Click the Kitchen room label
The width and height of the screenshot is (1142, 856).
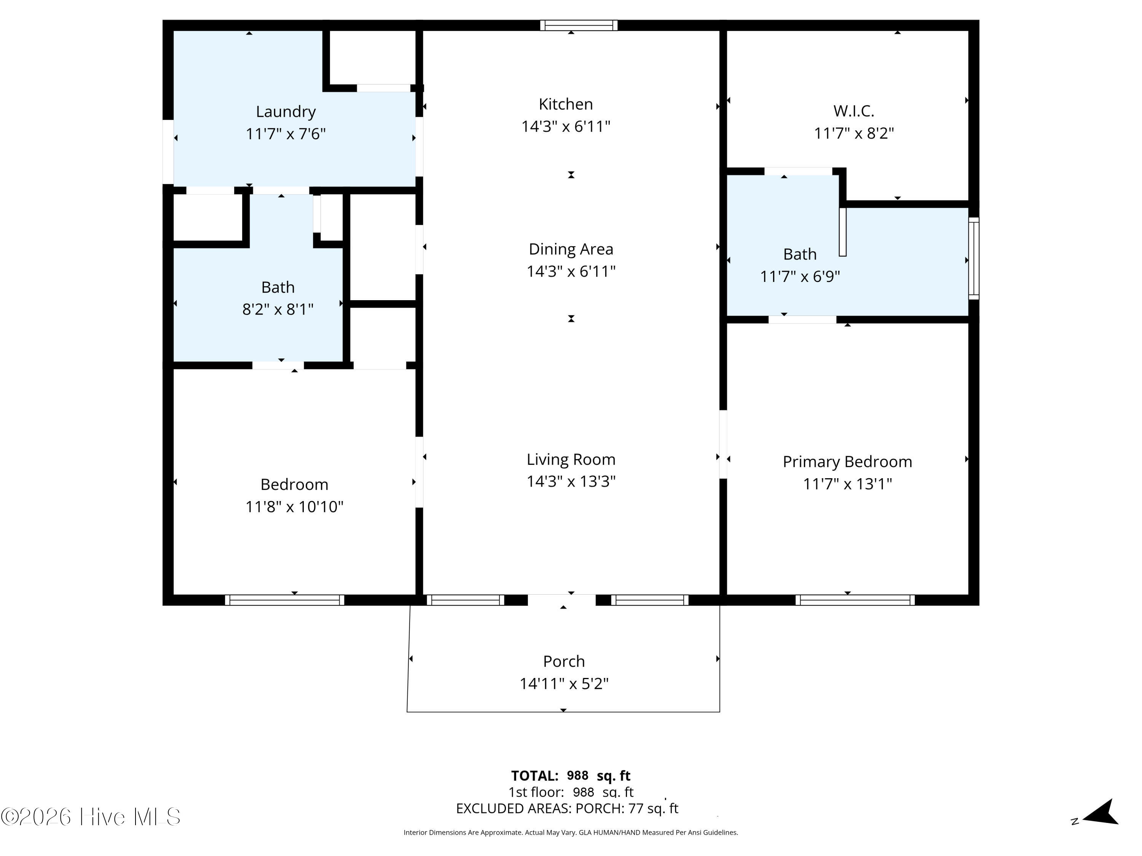pos(565,104)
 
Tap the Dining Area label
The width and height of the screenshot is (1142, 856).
pos(571,249)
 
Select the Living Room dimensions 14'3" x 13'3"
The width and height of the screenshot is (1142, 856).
pos(571,481)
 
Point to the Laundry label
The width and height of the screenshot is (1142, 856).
pos(285,112)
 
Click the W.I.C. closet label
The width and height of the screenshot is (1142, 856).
pos(853,111)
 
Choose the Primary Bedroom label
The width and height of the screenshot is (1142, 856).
pos(847,462)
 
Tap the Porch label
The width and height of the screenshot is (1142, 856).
pos(564,662)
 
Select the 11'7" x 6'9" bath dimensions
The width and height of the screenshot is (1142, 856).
pos(800,277)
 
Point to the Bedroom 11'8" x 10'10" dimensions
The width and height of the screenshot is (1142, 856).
pos(294,507)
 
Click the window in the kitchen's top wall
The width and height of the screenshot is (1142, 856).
pos(579,25)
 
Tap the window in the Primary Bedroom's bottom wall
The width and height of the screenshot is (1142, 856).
pos(855,600)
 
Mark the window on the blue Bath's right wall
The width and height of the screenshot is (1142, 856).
pos(974,258)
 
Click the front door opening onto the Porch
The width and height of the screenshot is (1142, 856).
pos(562,600)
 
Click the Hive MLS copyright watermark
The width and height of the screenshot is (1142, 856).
pos(91,817)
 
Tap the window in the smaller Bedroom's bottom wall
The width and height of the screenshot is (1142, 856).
pos(284,600)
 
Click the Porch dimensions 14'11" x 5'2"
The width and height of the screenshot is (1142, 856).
pos(564,684)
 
